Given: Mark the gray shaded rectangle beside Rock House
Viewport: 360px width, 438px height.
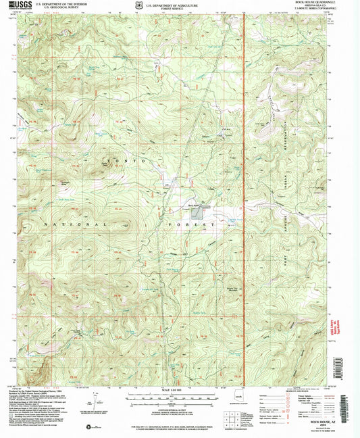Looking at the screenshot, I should (x=197, y=212).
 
